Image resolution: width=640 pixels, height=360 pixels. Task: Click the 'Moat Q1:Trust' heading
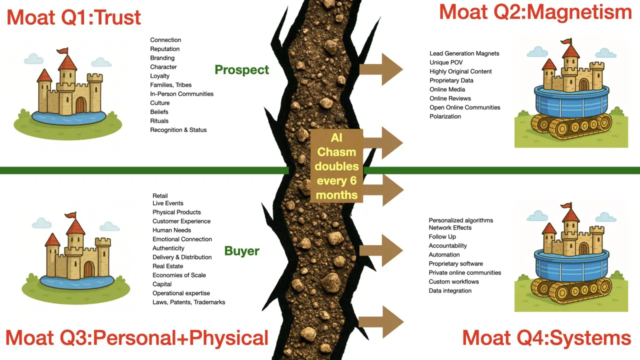pos(73,17)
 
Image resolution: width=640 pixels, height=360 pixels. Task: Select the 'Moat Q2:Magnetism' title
pos(535,12)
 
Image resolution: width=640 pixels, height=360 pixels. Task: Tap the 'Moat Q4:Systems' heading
pos(546,337)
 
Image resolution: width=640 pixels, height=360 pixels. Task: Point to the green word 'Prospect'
pos(241,70)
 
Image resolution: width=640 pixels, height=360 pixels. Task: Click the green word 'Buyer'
pos(241,251)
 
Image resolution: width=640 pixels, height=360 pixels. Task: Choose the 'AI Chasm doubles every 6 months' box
pos(336,166)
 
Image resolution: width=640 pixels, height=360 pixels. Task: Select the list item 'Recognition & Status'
pos(178,130)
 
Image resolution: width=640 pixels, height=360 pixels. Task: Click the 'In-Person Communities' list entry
pos(181,94)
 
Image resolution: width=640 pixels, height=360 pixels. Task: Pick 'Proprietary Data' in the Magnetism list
pos(451,80)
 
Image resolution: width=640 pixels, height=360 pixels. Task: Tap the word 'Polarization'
pos(445,116)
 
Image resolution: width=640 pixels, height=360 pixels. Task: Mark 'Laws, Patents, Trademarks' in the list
pos(188,302)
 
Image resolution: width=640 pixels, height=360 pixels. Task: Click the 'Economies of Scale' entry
pos(179,275)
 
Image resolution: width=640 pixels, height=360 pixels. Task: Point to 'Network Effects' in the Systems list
pos(450,227)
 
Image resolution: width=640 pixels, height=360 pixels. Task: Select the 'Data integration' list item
pos(450,291)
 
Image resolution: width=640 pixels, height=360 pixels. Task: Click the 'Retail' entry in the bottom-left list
pos(160,196)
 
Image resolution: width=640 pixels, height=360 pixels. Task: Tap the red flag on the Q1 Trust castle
pos(62,51)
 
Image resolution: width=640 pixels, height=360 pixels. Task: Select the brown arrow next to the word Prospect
pos(381,69)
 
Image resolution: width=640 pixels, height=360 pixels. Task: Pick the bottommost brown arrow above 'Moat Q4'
pos(381,322)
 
